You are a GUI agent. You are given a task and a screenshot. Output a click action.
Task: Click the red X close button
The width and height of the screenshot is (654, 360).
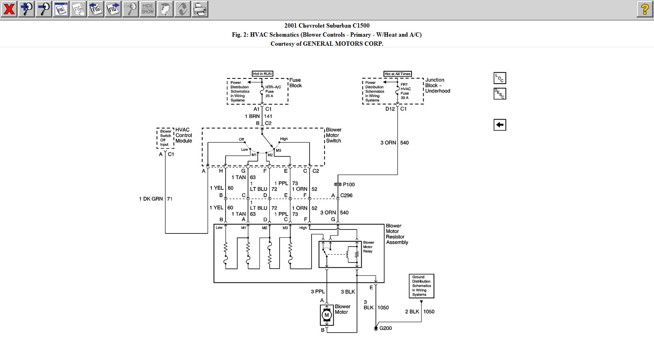[x=9, y=9]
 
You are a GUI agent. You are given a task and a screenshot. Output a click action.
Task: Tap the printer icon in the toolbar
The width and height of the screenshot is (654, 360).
[x=200, y=9]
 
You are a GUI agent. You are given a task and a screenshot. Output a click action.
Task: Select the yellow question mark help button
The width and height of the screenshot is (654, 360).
[x=645, y=9]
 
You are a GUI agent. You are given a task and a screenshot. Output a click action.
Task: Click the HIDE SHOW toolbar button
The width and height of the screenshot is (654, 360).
[x=148, y=9]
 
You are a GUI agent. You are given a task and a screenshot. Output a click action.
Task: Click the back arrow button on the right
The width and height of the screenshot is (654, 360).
[x=499, y=125]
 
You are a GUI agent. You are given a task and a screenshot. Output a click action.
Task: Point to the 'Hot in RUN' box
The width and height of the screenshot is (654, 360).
[x=262, y=74]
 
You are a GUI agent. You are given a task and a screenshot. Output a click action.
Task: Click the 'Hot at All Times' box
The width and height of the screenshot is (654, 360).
[x=398, y=74]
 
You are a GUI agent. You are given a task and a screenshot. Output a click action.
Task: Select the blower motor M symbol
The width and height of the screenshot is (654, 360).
[x=327, y=315]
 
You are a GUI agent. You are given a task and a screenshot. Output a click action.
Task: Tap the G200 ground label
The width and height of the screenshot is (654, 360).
[x=385, y=328]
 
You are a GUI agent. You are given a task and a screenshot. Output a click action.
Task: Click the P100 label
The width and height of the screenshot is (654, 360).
[x=349, y=185]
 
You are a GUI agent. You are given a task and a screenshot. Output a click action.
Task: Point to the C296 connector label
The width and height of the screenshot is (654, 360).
[x=346, y=196]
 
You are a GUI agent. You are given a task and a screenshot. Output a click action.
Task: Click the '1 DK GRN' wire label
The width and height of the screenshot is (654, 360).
[x=151, y=199]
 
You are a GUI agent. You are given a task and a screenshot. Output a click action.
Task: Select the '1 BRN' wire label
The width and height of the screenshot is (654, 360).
[x=252, y=116]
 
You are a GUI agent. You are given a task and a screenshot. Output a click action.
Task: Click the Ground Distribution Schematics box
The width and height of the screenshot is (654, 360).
[x=421, y=286]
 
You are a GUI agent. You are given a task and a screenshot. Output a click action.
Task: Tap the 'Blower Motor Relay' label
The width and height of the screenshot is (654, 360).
[x=368, y=247]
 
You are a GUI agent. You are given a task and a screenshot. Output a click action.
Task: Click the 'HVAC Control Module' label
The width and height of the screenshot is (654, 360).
[x=183, y=135]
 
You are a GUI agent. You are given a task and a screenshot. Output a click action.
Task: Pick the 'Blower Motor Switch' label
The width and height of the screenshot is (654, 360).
[x=333, y=135]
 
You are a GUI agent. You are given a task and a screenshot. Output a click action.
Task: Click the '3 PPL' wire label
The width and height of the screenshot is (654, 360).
[x=318, y=292]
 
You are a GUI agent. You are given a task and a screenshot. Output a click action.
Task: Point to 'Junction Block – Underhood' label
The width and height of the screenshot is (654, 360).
[x=437, y=86]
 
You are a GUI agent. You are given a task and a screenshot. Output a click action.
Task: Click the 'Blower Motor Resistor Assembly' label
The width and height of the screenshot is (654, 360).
[x=397, y=234]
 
